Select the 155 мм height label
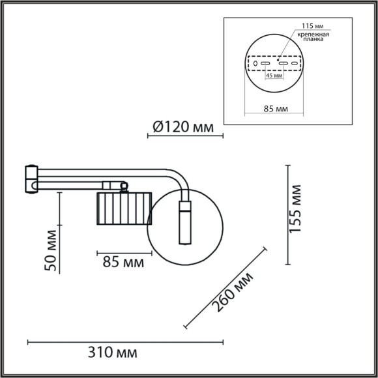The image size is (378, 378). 296,209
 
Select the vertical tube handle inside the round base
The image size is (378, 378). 184,223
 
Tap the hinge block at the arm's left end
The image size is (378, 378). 32,180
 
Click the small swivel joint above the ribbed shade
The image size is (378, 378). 121,186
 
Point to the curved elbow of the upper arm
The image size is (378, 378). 177,179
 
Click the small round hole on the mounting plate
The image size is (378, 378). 255,65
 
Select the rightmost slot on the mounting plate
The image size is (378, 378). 298,65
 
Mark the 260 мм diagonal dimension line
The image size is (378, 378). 225,287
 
